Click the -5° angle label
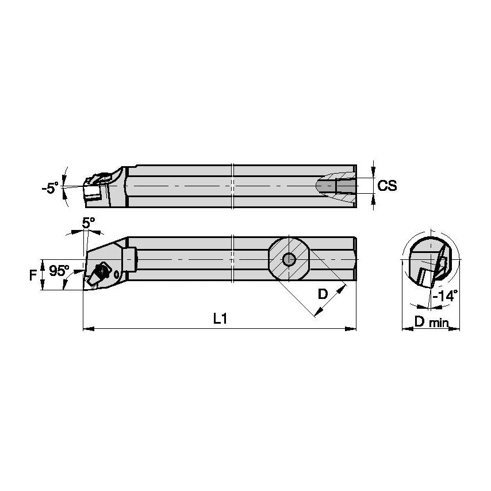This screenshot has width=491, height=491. pyautogui.click(x=50, y=188)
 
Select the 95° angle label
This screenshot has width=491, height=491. pyautogui.click(x=59, y=270)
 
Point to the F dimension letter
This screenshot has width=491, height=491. pyautogui.click(x=33, y=274)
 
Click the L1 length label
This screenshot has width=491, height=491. pyautogui.click(x=220, y=318)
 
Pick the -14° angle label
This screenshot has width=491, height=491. pyautogui.click(x=446, y=296)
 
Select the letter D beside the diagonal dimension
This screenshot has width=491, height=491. pyautogui.click(x=323, y=294)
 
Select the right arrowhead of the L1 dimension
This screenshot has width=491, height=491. pyautogui.click(x=352, y=329)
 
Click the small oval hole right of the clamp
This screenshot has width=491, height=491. pyautogui.click(x=118, y=274)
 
